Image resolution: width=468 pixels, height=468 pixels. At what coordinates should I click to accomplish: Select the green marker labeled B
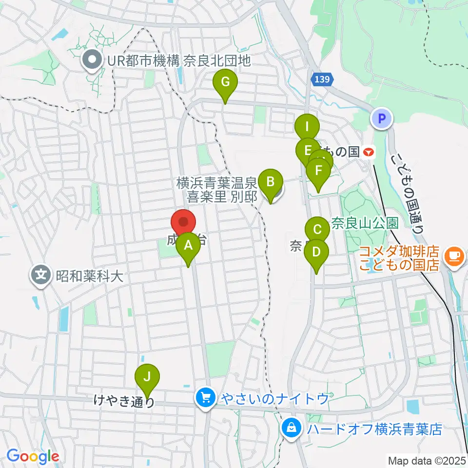pos(270,183)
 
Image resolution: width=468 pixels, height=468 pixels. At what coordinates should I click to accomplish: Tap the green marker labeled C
pos(317,229)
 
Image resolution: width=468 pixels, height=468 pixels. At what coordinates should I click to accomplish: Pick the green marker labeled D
pos(316,253)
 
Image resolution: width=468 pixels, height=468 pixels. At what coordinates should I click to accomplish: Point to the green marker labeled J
pos(147,377)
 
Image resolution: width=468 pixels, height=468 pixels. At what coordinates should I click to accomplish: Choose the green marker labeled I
pos(307,128)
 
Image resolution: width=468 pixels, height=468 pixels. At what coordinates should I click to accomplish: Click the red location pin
pos(183,223)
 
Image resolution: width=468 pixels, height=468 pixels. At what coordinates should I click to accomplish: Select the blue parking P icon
pos(382,118)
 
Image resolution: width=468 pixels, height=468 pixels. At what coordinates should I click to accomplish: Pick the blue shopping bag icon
pos(292,429)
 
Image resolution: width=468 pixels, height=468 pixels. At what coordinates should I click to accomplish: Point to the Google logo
pos(33,457)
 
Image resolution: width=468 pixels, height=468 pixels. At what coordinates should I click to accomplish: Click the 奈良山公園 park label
pos(365,223)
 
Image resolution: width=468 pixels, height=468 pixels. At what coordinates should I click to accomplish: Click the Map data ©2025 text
pos(427,460)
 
